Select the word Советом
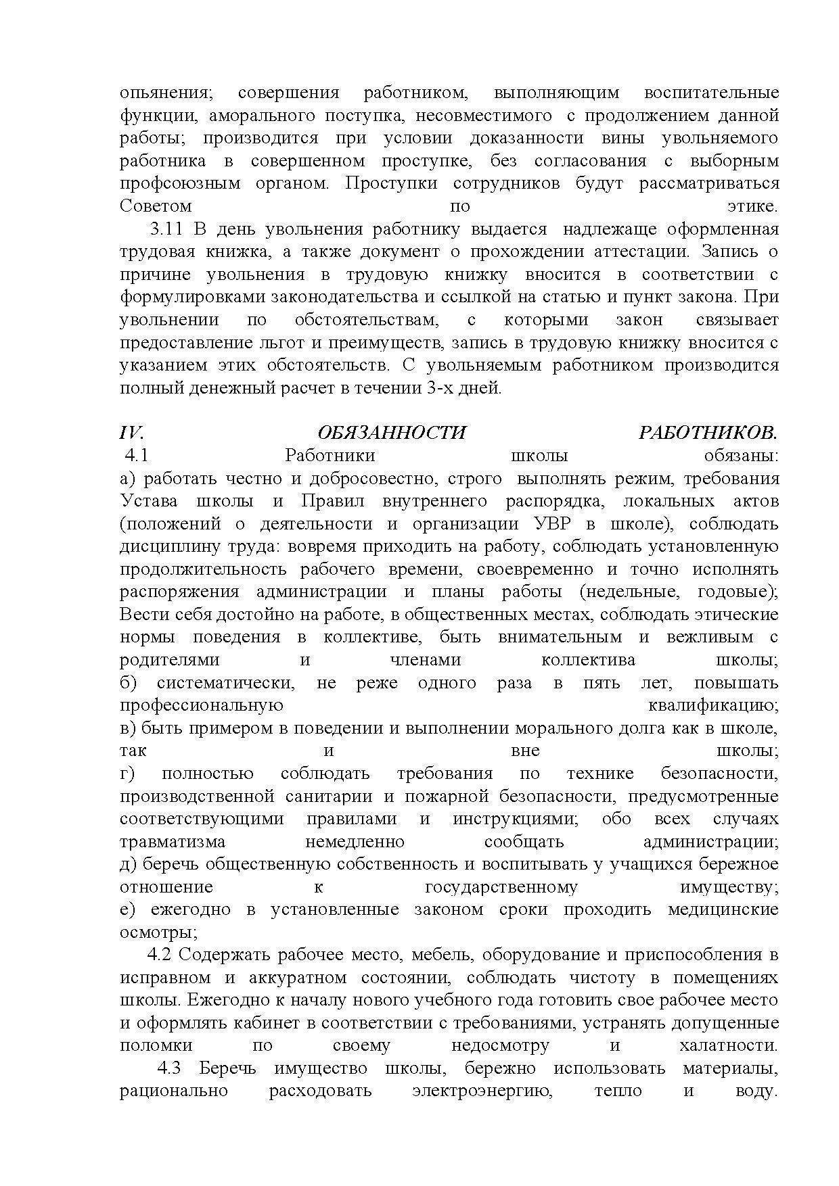pos(156,206)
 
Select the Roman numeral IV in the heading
pos(131,433)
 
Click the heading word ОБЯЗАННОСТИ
pos(392,433)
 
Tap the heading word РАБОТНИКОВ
pos(708,433)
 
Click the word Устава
pos(149,502)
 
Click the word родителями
pos(169,661)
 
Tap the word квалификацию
pos(712,706)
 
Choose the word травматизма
pos(173,843)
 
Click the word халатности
pos(727,1046)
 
